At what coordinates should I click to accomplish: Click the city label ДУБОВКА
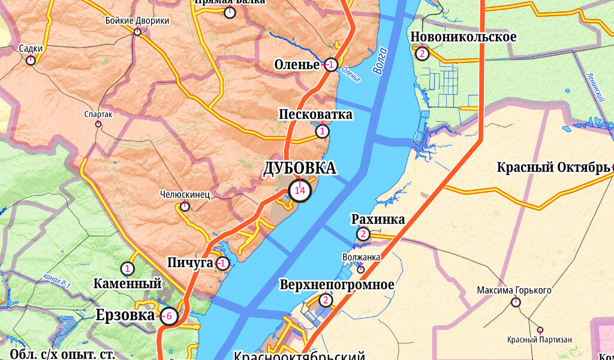(x=300, y=169)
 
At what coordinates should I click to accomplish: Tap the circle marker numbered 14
(x=300, y=191)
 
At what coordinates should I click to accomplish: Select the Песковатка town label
(x=315, y=115)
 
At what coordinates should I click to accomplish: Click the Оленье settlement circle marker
(x=330, y=65)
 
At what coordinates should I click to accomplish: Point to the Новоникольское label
(x=463, y=37)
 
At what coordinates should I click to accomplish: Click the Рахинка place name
(x=378, y=220)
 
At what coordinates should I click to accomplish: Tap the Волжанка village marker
(x=360, y=269)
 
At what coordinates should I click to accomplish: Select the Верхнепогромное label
(x=337, y=284)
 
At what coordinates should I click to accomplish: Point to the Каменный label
(x=128, y=283)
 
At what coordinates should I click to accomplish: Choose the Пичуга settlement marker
(x=222, y=263)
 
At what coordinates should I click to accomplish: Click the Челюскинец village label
(x=185, y=194)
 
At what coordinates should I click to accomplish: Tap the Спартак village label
(x=99, y=114)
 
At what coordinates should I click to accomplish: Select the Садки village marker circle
(x=30, y=60)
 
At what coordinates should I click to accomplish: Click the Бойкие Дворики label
(x=137, y=20)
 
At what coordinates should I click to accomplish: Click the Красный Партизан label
(x=539, y=340)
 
